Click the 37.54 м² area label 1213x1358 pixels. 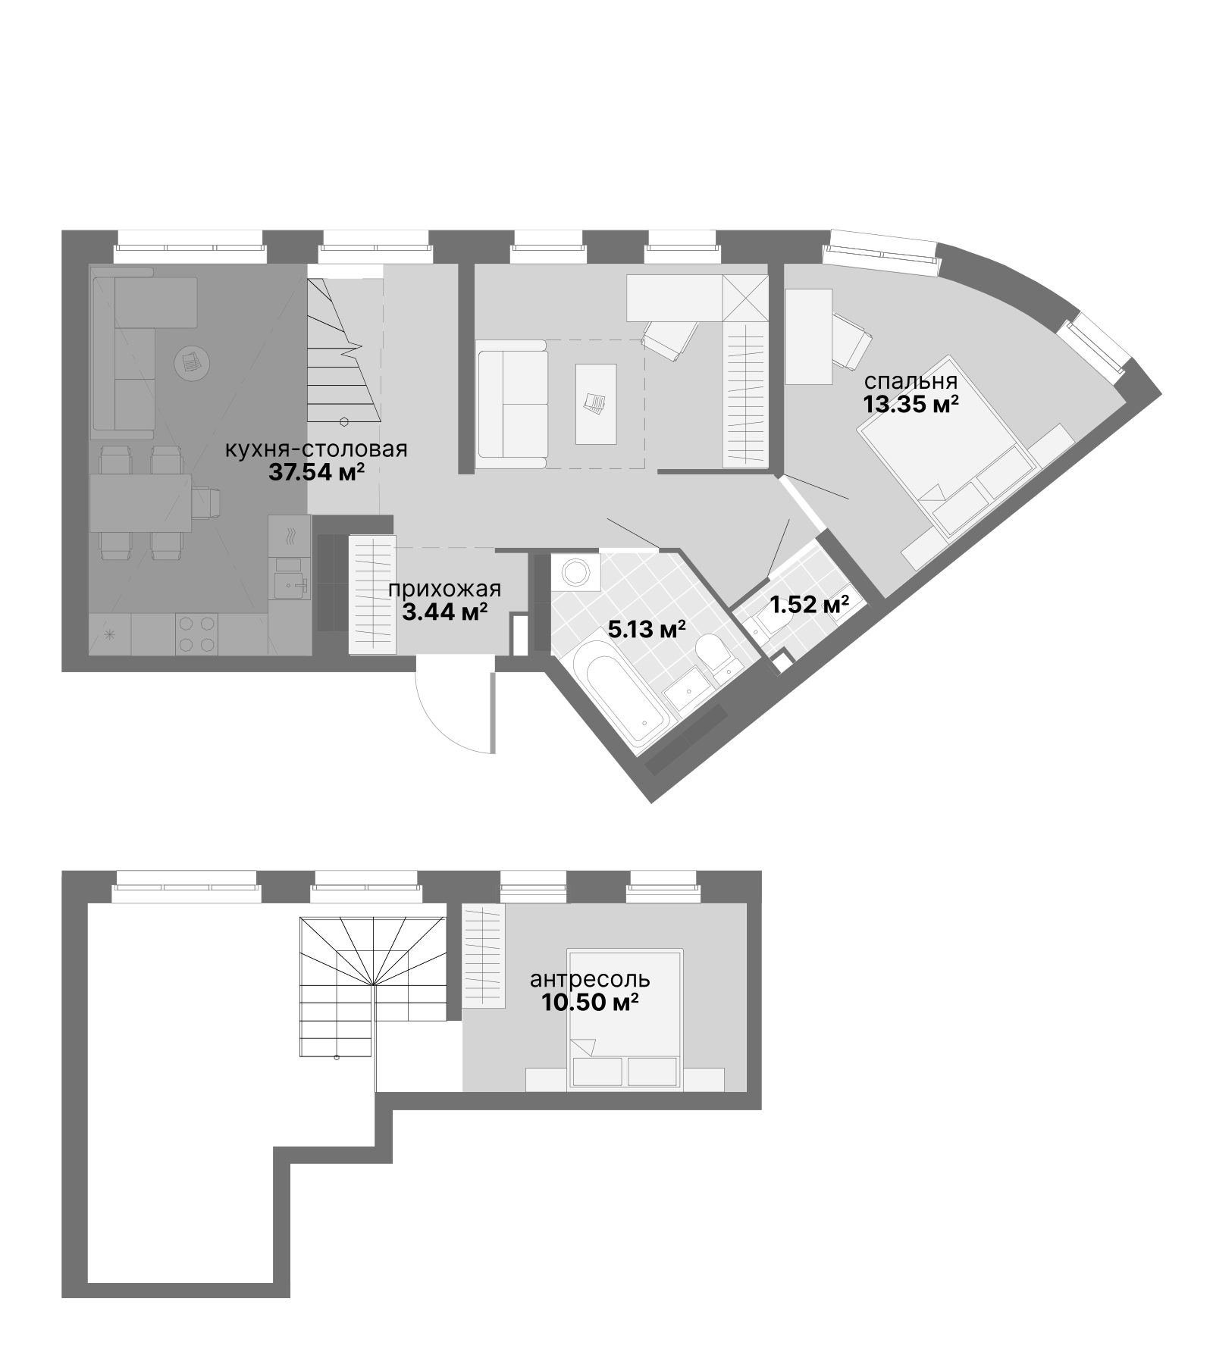coord(316,474)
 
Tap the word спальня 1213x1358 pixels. coord(910,381)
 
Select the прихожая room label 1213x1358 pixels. coord(444,590)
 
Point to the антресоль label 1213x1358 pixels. coord(590,980)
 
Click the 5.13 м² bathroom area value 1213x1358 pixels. coord(647,628)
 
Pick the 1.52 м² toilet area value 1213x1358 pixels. coord(809,605)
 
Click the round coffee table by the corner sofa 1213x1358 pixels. coord(190,362)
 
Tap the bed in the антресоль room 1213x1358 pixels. coord(625,1019)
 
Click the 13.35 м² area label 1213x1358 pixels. coord(910,404)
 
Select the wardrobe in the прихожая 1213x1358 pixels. coord(371,593)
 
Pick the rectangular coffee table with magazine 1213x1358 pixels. coord(595,403)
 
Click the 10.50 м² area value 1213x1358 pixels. coord(590,1003)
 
